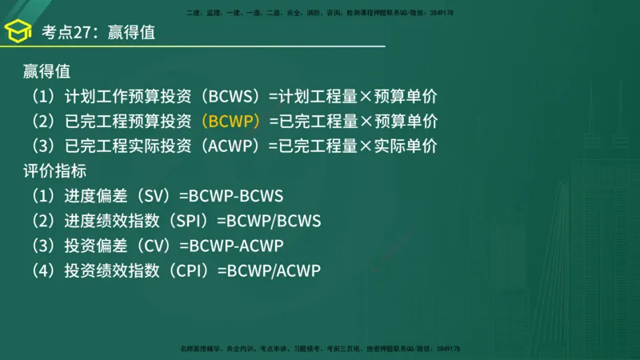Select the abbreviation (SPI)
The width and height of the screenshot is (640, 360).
tap(190, 221)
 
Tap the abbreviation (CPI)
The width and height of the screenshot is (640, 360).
tap(190, 270)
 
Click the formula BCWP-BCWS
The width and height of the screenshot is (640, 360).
tap(236, 196)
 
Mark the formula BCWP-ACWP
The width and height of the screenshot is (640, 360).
tap(236, 246)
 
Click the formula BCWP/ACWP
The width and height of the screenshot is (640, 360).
tap(274, 270)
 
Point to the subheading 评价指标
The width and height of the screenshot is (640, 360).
tap(54, 171)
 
